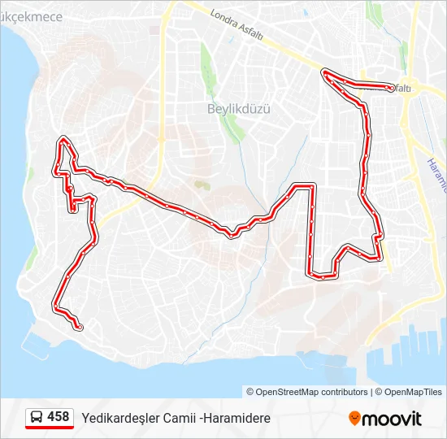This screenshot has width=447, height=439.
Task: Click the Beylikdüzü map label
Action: pos(238,108)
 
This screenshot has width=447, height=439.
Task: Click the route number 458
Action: pos(59,417)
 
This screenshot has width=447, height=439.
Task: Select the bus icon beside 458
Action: pos(37,418)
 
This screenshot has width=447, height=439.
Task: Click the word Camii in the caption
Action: pos(179,418)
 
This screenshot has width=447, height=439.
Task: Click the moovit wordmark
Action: pos(393,419)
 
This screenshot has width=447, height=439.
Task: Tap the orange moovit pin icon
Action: pos(354,418)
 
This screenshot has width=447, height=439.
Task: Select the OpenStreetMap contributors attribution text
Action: pos(311,392)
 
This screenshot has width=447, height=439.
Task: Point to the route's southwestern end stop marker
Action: pos(79,327)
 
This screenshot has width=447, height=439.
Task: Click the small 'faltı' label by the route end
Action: pos(402,88)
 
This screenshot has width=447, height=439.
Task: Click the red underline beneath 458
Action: pos(50,428)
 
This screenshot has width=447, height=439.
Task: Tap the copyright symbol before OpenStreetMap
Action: pos(250,392)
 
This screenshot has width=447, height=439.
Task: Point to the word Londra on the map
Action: pos(223,20)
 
